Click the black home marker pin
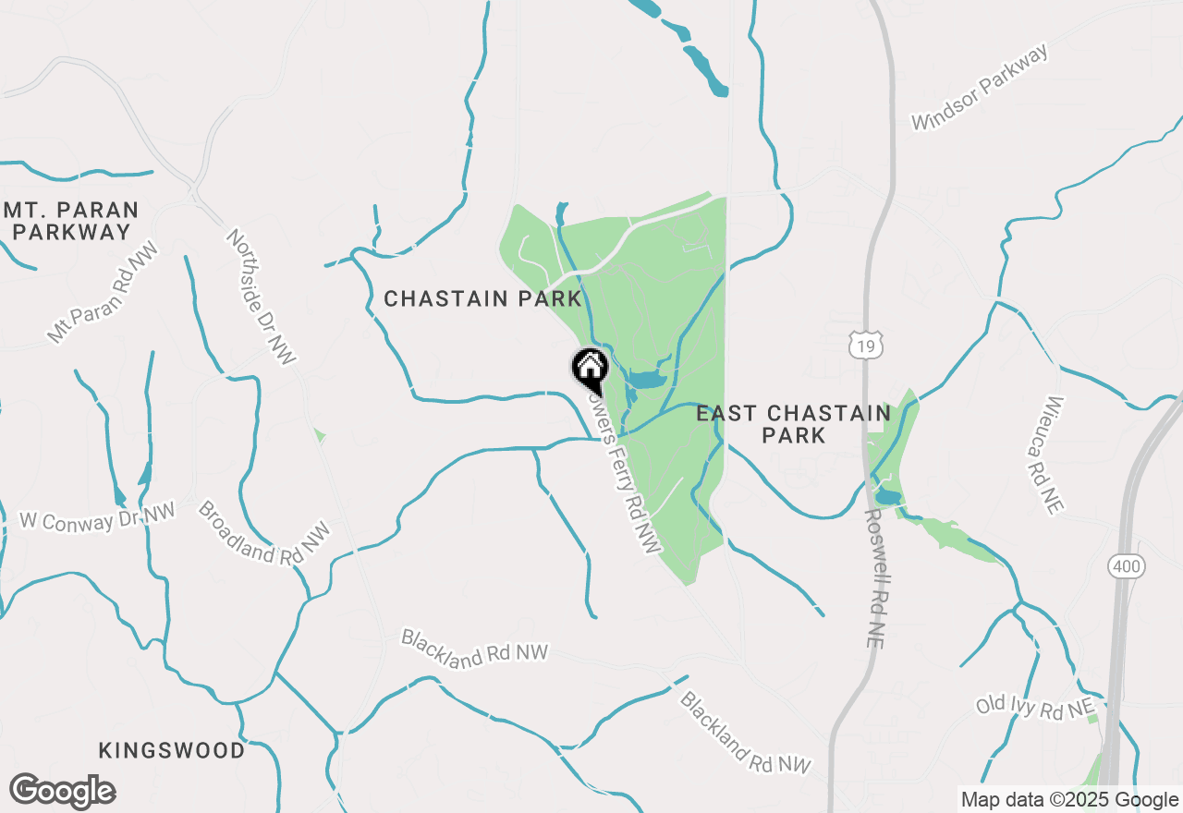coord(590,368)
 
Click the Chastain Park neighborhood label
coord(483,298)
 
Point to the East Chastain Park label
coord(794,423)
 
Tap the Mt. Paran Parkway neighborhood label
coord(71,221)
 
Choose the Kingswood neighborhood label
coord(172,749)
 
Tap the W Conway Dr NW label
coord(98,517)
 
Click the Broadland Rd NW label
coord(263,534)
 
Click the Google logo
coord(62,791)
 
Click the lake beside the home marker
coord(646,379)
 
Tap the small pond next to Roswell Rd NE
coord(888,497)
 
